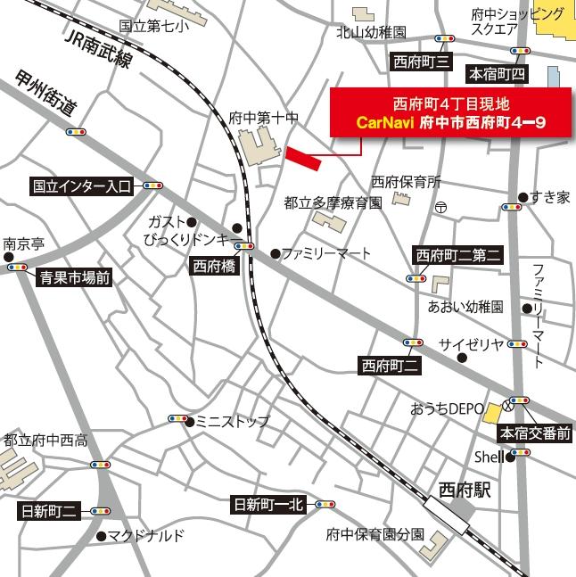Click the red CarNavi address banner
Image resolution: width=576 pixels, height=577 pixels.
coord(449,112)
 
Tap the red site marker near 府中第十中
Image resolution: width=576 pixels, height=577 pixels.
coord(304,159)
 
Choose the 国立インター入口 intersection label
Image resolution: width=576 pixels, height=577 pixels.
coord(81,187)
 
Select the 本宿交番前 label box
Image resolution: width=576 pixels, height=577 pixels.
coord(533,434)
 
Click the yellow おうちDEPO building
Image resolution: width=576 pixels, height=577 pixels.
coord(491,411)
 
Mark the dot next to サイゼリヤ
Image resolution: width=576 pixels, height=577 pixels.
coord(462,359)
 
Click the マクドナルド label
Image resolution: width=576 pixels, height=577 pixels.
coord(147,536)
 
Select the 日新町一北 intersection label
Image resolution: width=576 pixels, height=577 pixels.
coord(267,505)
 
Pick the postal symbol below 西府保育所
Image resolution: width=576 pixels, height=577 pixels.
coord(440,207)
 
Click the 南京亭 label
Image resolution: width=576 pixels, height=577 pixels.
coord(24,243)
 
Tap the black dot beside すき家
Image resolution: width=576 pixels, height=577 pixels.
coord(523,197)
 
